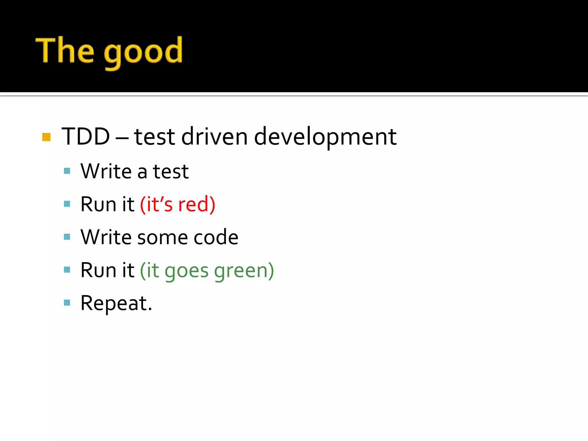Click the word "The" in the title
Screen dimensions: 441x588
[65, 50]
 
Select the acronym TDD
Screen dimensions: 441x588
[86, 136]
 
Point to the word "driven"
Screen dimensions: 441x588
[214, 136]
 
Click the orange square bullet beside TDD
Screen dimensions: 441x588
[46, 137]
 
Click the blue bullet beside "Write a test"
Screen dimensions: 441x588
[67, 171]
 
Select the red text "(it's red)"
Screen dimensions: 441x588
[177, 204]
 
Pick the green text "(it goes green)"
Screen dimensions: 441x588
[207, 270]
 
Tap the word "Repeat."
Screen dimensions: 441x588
[116, 303]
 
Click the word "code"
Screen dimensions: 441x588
[216, 237]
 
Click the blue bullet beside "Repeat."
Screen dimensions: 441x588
[67, 303]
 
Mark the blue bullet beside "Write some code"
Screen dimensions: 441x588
[67, 237]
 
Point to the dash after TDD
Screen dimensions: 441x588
[122, 138]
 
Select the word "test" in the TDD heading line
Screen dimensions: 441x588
[154, 137]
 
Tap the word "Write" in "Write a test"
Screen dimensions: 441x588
[106, 171]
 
